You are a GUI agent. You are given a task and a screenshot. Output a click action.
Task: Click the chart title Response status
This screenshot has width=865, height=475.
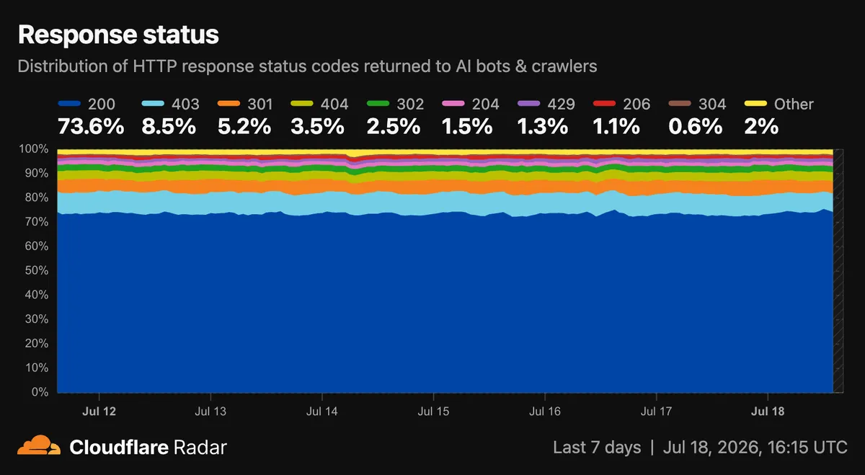(x=118, y=35)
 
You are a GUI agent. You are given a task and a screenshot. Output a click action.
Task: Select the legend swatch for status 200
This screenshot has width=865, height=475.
(x=69, y=104)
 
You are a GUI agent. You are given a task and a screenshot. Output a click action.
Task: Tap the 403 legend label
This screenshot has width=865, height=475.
(x=185, y=104)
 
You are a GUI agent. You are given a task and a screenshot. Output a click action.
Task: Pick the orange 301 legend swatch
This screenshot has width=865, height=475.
(x=229, y=104)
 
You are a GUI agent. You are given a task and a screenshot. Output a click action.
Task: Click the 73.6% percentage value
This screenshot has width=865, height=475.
(x=91, y=126)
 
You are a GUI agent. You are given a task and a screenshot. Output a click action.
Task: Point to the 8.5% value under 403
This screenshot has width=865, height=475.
(x=169, y=126)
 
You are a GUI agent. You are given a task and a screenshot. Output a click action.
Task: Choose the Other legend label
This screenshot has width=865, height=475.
(x=794, y=104)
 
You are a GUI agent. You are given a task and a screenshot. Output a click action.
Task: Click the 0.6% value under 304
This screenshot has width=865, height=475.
(x=696, y=126)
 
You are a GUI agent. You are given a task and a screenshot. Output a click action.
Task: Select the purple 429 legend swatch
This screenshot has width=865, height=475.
(x=528, y=104)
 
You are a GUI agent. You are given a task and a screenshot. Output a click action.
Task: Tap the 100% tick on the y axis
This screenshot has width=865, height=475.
(x=34, y=148)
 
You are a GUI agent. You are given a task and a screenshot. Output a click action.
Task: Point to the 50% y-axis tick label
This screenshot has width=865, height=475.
(x=37, y=270)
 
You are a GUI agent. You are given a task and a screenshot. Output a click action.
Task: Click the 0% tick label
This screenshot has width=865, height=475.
(x=40, y=392)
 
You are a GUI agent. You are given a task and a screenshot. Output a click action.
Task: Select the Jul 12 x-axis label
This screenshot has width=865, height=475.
(x=99, y=412)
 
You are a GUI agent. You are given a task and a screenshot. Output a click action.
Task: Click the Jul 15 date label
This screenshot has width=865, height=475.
(x=433, y=412)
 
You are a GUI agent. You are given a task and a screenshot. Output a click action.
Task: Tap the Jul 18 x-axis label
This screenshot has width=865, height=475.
(x=768, y=412)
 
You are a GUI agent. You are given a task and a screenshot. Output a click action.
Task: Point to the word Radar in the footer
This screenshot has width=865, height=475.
(x=200, y=447)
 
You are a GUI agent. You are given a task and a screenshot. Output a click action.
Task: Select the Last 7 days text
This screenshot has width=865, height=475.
(x=597, y=447)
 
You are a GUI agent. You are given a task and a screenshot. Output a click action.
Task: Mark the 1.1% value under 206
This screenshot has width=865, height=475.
(x=616, y=126)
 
